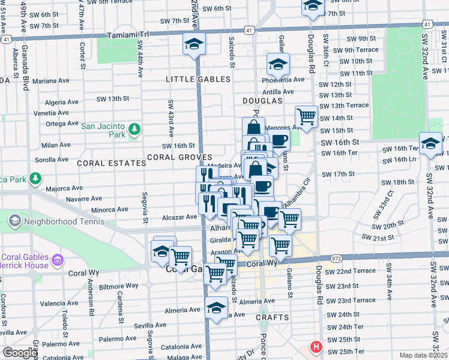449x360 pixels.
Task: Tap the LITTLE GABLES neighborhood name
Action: coord(198,79)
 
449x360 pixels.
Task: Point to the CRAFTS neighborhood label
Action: coord(272,317)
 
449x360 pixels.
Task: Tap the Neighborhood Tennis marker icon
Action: coord(14,221)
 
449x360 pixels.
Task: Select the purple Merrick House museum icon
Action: coord(58,260)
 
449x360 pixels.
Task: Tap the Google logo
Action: coord(19,353)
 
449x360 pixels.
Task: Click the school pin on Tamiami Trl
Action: coord(194,44)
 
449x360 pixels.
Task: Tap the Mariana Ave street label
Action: coord(52,80)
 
